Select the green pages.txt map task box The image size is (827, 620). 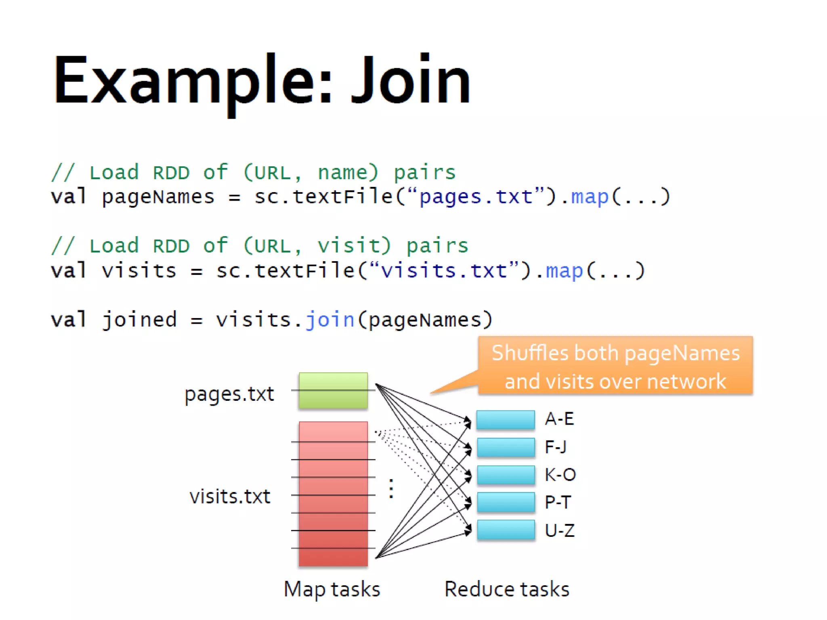pyautogui.click(x=333, y=390)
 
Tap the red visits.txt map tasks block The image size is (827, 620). pyautogui.click(x=333, y=494)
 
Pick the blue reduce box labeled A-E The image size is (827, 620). pyautogui.click(x=506, y=419)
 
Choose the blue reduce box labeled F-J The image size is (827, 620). pyautogui.click(x=506, y=447)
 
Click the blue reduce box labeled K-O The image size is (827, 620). pyautogui.click(x=506, y=475)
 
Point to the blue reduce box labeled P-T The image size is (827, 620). pyautogui.click(x=506, y=502)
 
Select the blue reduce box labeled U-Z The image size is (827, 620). pyautogui.click(x=506, y=530)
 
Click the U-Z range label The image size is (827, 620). pyautogui.click(x=560, y=530)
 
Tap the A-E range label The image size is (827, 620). pyautogui.click(x=560, y=419)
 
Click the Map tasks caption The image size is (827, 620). pyautogui.click(x=332, y=589)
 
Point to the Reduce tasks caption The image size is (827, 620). pyautogui.click(x=507, y=589)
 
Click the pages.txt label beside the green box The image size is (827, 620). pyautogui.click(x=229, y=394)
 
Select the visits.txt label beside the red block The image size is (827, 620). pyautogui.click(x=230, y=496)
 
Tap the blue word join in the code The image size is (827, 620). pyautogui.click(x=330, y=320)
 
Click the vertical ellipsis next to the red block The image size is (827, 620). pyautogui.click(x=391, y=489)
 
